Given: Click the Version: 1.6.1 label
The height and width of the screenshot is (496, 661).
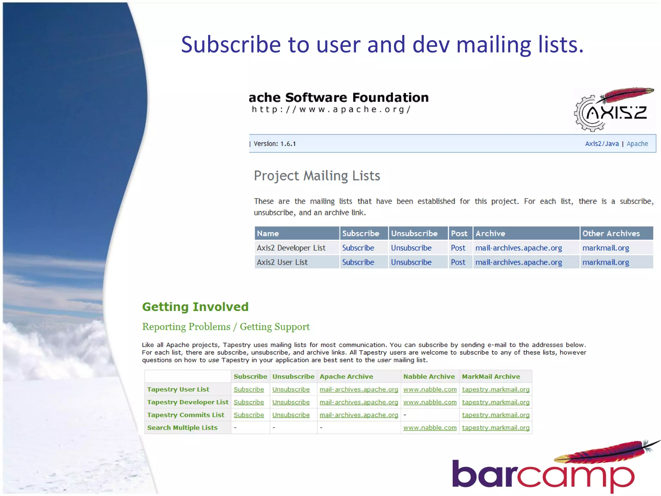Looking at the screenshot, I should pos(275,144).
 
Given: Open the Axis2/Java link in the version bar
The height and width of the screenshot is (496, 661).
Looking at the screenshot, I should pos(602,144).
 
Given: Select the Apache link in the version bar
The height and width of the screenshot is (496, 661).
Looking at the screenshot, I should pos(637,144).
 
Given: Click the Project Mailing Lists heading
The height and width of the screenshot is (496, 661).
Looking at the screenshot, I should pos(317,176).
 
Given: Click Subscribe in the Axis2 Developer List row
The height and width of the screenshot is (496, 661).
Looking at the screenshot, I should pos(358,248).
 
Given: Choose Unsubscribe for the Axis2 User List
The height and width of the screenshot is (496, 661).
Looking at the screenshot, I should pos(411,262).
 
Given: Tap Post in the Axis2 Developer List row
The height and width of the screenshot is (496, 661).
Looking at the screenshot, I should pos(458,248).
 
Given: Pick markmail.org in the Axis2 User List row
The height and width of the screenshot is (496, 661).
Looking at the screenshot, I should pos(605,262).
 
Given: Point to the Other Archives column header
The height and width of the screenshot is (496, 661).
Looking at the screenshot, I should pos(611,233).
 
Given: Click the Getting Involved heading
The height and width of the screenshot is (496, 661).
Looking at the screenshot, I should pos(195,307).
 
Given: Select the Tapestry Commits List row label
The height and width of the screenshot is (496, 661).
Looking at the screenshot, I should pos(186,415).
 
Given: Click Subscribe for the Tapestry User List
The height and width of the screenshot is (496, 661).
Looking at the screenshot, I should pos(249,389).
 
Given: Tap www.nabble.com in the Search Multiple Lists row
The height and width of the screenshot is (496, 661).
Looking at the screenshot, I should pos(430,428).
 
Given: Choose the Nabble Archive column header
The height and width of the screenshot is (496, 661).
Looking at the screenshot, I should pos(429,377).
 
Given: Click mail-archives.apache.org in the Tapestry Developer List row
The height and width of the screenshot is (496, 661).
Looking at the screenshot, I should pos(359,402).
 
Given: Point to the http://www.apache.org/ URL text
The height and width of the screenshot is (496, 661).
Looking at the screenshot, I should pos(331,109).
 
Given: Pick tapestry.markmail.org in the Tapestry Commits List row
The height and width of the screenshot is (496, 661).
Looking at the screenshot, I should pos(495,415).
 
